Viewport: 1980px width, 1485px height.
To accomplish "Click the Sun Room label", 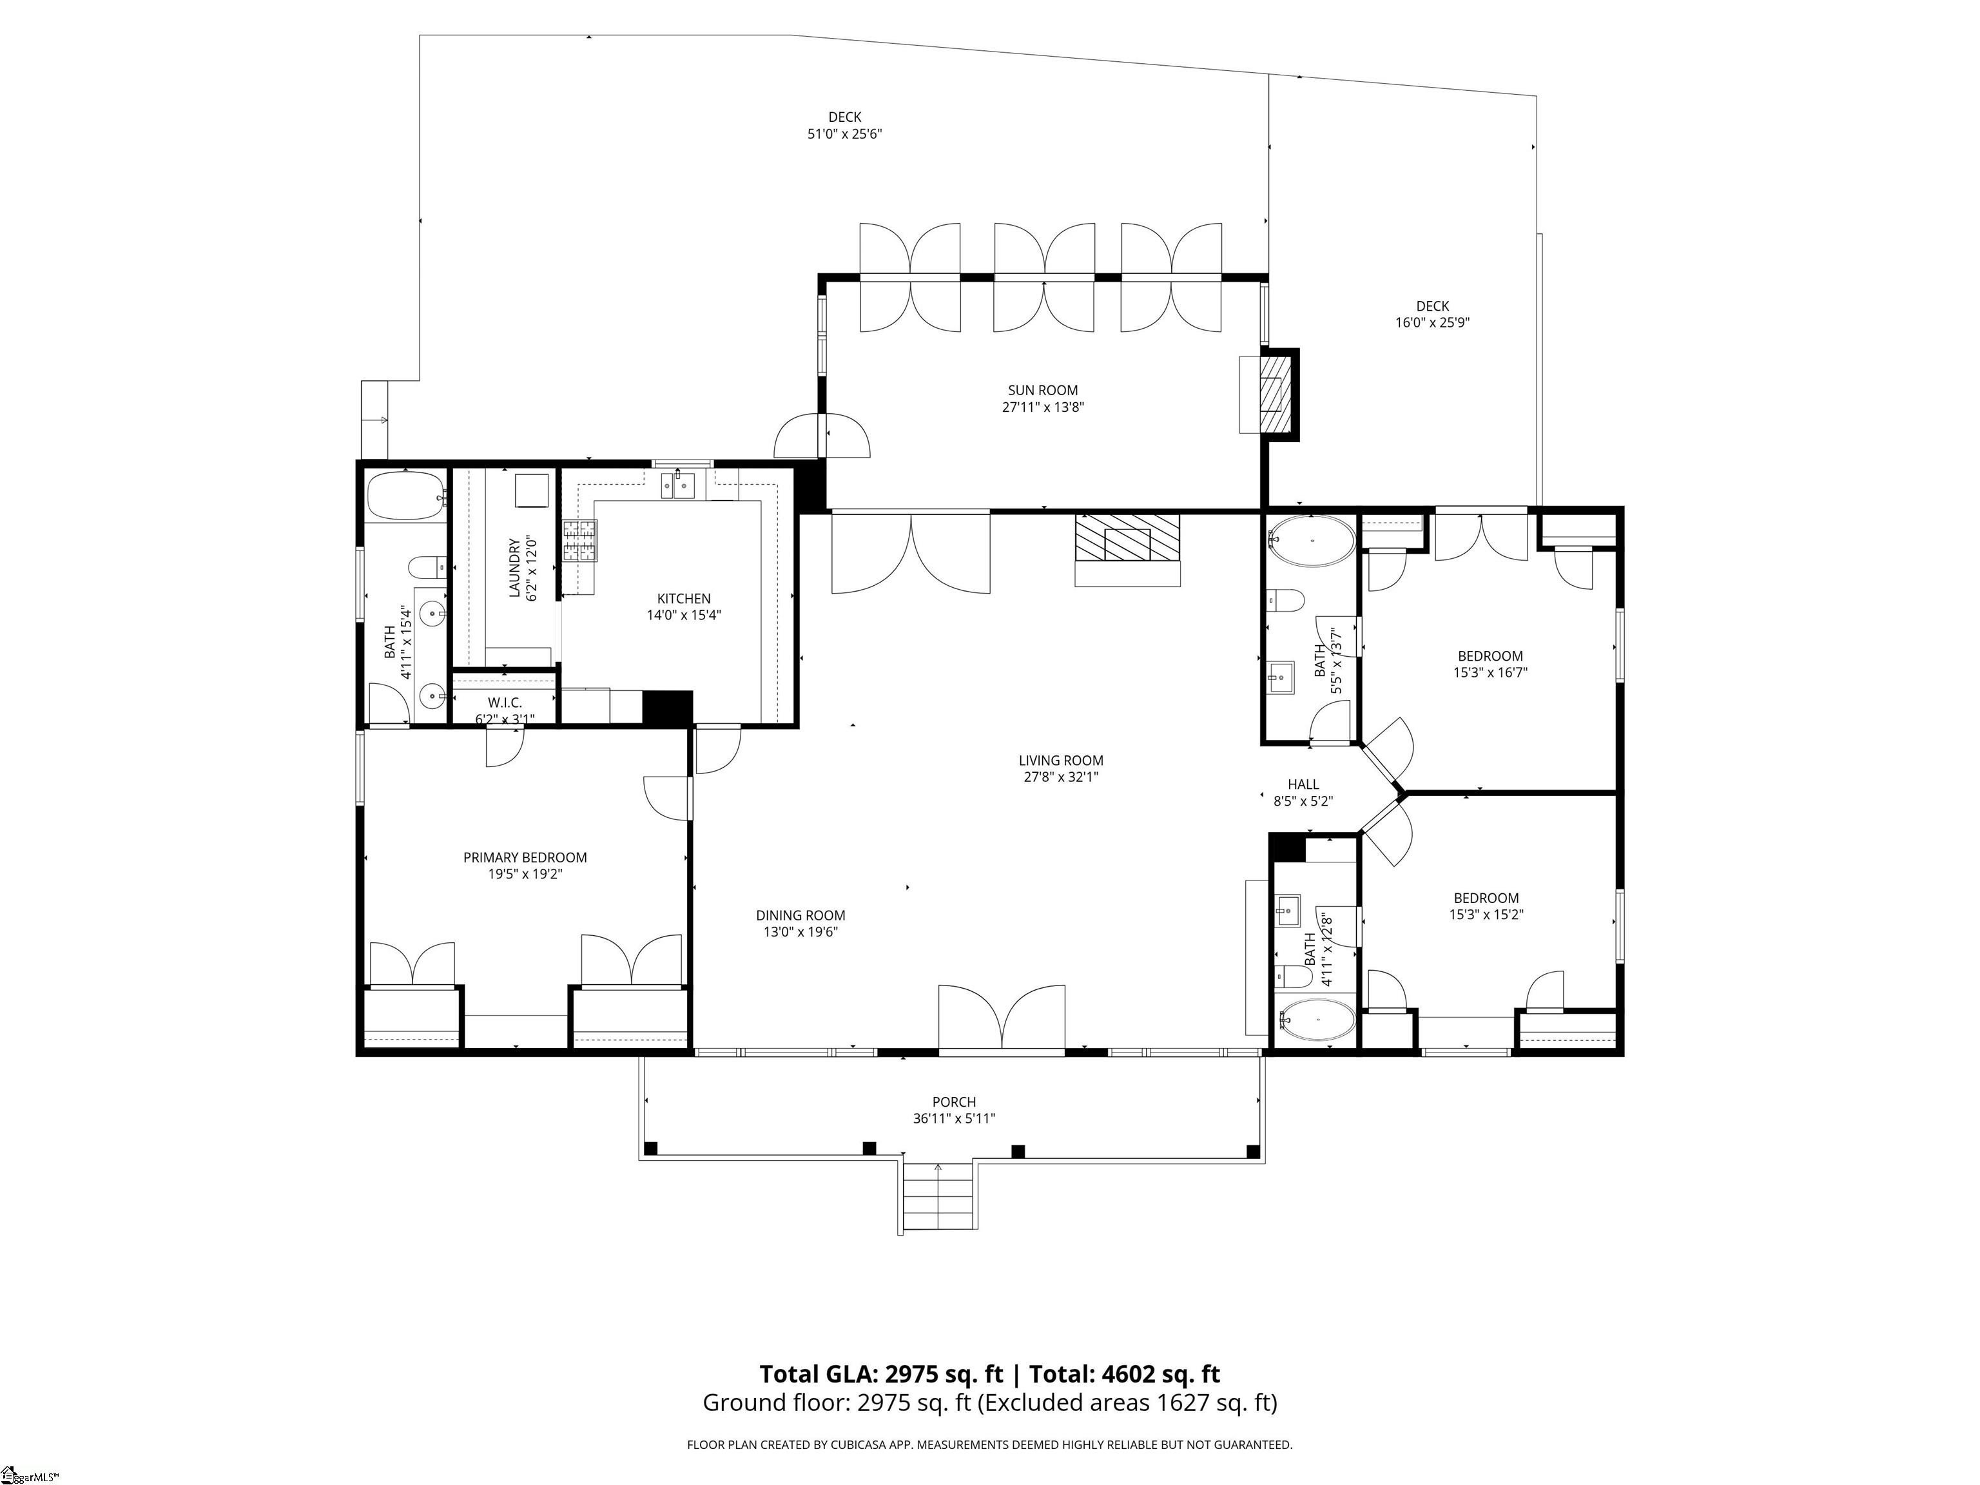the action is coord(1043,391).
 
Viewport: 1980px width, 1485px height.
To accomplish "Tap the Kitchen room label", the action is coord(684,599).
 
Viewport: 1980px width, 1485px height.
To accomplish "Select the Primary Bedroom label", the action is coord(525,857).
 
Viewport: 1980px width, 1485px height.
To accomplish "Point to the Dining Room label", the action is coord(801,916).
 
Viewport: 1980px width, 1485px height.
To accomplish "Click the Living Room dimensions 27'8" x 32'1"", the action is coord(1062,777).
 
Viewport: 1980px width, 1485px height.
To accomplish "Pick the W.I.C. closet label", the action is coord(505,703).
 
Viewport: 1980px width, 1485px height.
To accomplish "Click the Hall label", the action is coord(1303,784).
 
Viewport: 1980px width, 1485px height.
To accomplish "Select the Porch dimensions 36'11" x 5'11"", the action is coord(954,1118).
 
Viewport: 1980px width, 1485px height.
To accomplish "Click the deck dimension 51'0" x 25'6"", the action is coord(845,134).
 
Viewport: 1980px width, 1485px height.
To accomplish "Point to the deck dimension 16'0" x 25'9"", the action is coord(1432,322).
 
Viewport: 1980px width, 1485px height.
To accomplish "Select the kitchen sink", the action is coord(679,485).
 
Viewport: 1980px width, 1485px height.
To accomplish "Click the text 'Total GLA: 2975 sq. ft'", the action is coord(882,1374).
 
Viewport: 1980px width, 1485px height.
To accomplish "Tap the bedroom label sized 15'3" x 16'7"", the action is coord(1490,656).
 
